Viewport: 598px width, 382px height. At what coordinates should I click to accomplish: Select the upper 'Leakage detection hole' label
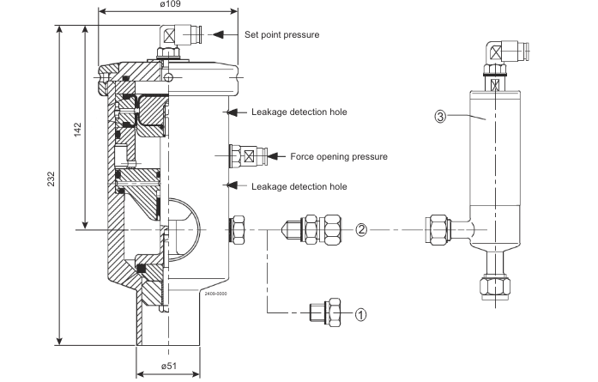[299, 112]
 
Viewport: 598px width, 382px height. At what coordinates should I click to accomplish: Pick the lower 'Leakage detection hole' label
[299, 185]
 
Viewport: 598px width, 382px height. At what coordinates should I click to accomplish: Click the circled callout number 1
[361, 314]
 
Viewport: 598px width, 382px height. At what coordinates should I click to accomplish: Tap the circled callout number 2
[361, 229]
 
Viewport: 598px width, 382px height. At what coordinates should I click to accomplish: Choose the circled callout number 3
[439, 118]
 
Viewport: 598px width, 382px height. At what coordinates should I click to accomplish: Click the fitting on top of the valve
[174, 39]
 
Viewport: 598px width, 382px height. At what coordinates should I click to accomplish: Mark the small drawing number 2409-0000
[214, 294]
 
